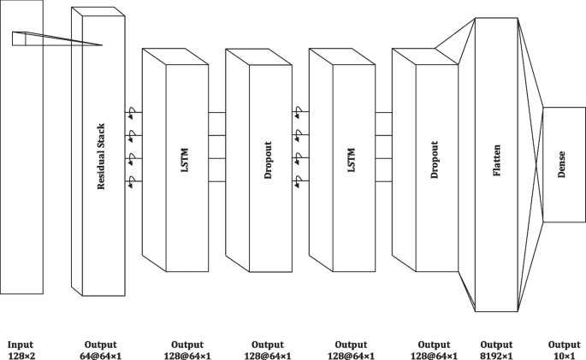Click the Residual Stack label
coord(101,156)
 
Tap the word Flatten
coord(497,160)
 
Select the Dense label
coord(562,164)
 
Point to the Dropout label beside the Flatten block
coord(435,160)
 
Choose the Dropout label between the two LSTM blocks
coord(269,160)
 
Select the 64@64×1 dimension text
coord(101,354)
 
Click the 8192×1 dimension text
coord(496,354)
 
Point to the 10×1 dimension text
coord(562,354)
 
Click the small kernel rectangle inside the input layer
coord(20,38)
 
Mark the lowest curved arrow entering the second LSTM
coord(298,180)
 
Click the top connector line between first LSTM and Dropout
coord(216,112)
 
